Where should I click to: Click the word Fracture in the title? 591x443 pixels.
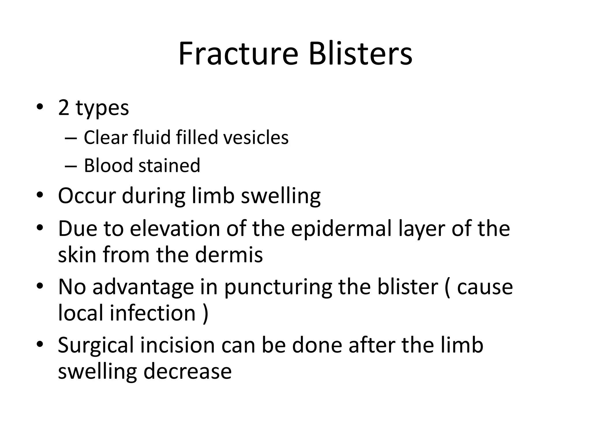(x=238, y=54)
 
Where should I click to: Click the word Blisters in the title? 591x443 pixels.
(x=360, y=54)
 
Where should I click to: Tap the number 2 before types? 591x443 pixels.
(x=63, y=108)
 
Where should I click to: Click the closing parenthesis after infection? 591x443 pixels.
(x=205, y=314)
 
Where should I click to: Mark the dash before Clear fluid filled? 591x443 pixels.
(x=71, y=138)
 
